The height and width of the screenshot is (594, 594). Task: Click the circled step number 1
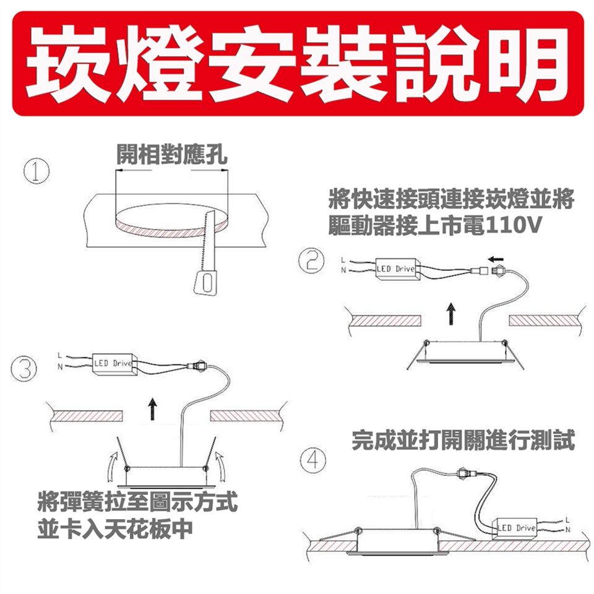click(x=37, y=171)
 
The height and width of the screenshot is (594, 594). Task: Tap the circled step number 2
click(x=311, y=260)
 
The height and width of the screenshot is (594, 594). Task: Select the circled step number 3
click(x=24, y=369)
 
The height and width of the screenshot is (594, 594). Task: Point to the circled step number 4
click(x=313, y=460)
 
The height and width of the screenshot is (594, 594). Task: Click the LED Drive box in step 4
click(x=515, y=528)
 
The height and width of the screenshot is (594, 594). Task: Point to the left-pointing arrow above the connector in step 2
click(x=496, y=259)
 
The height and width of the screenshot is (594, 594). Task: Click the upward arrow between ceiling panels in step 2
click(x=450, y=314)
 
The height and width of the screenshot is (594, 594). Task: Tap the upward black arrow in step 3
click(x=152, y=409)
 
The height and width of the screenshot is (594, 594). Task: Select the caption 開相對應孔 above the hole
click(x=172, y=154)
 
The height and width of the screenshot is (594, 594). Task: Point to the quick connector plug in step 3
click(x=197, y=366)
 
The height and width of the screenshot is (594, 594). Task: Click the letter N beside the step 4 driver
click(x=567, y=530)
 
